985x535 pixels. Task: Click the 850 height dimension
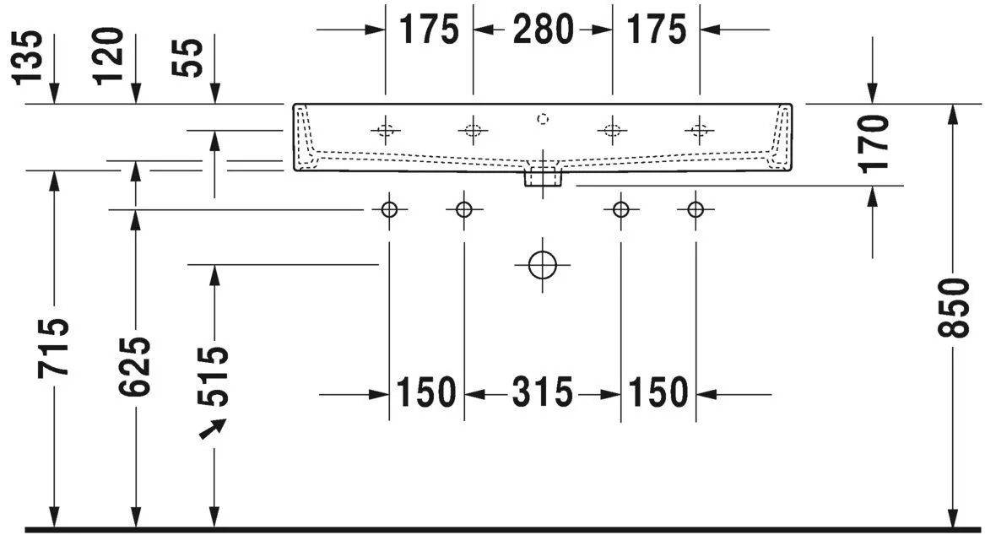tap(955, 307)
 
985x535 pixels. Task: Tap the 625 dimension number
tap(135, 365)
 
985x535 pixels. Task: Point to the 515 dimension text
tap(215, 376)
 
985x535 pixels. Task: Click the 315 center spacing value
tap(542, 392)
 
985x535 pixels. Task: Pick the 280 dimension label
tap(542, 30)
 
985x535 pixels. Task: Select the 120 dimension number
tap(109, 57)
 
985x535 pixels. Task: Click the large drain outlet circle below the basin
tap(542, 265)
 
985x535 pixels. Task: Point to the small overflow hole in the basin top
tap(544, 118)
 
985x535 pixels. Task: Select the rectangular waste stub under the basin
tap(543, 178)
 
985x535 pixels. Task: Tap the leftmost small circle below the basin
tap(389, 209)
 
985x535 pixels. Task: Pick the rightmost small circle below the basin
tap(695, 209)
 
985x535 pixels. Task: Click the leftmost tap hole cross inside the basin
tap(386, 130)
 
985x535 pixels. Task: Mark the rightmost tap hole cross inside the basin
tap(699, 130)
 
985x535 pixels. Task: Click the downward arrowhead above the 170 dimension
tap(874, 96)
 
